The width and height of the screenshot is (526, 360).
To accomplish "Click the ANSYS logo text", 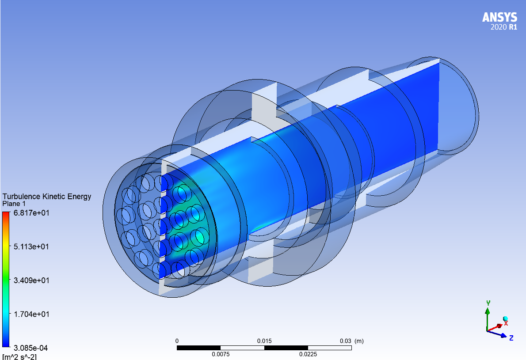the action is tap(499, 17).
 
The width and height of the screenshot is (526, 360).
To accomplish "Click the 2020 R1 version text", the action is tap(504, 27).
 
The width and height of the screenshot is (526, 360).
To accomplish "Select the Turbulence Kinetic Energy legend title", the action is tap(47, 197).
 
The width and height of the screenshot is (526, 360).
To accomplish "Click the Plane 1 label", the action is tap(14, 204).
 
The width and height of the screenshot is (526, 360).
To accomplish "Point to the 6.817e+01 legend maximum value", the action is tap(31, 213).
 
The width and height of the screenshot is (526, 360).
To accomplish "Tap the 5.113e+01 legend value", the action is tap(31, 247).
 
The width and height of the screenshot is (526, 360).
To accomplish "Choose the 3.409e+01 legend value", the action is tap(31, 280).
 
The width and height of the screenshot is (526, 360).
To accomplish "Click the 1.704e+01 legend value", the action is tap(31, 314).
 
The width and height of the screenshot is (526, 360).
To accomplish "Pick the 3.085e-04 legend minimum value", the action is tap(30, 348).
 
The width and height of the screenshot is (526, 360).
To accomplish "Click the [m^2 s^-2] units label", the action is tap(19, 356).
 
